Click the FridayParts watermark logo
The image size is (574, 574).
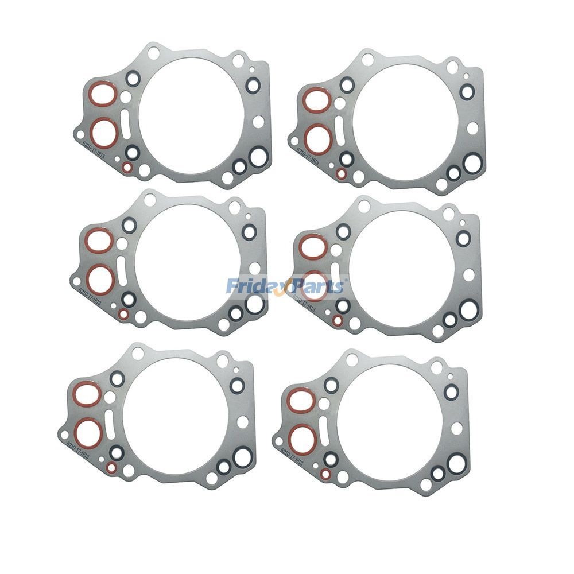[x=285, y=285]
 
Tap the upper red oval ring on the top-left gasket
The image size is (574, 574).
[x=103, y=95]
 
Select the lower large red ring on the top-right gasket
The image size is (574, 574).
[x=317, y=138]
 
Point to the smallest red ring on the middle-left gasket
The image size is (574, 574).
[x=123, y=314]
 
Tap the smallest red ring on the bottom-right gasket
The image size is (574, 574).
[x=325, y=474]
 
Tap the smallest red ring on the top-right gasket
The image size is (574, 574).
[x=341, y=173]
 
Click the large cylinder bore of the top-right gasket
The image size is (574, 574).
[x=405, y=120]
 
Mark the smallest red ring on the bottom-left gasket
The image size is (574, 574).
[x=111, y=468]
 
